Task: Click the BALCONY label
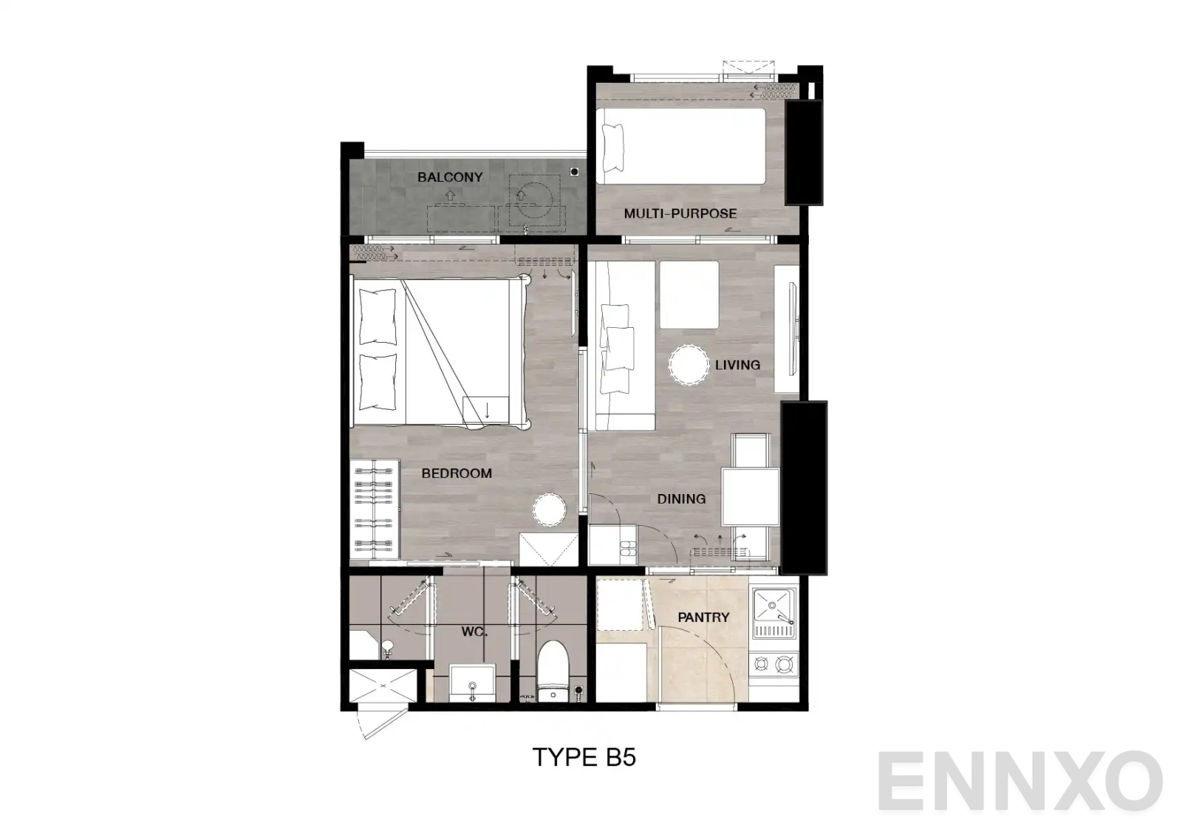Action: [x=449, y=177]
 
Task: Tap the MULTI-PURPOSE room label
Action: [x=680, y=214]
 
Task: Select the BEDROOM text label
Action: [x=457, y=473]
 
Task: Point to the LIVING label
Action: [x=737, y=365]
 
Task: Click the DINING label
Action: [x=681, y=499]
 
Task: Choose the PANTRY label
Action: [x=703, y=617]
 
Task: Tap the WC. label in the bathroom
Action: [x=473, y=632]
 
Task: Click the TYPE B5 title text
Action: [x=584, y=758]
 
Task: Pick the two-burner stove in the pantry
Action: [x=773, y=665]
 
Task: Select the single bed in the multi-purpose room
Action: [x=680, y=146]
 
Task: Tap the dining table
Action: [x=751, y=496]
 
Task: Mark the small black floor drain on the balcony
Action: [x=575, y=172]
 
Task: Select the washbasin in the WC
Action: [x=471, y=683]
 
